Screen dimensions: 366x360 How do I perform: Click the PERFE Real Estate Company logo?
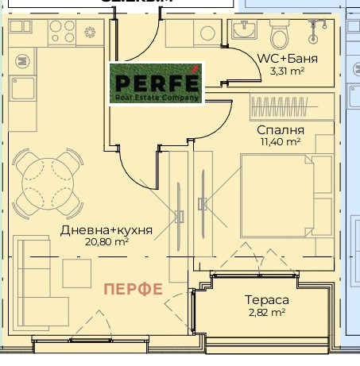coord(156,83)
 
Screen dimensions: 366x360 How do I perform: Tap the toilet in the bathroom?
coord(280,37)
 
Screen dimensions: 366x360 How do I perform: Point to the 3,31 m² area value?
coord(287,71)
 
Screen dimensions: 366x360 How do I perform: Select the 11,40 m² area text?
coord(281,141)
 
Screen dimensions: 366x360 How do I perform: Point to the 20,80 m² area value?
coord(106,242)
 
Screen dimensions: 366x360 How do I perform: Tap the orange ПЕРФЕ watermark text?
coord(134,289)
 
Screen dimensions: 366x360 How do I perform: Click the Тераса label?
coord(266,301)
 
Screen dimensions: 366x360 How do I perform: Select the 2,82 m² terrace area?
coord(266,313)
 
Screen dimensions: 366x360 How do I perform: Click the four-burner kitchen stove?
coord(64,32)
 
